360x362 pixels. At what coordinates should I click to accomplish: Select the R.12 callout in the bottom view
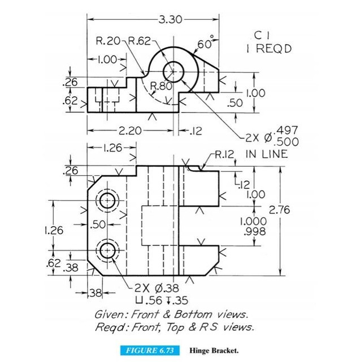[x=224, y=154]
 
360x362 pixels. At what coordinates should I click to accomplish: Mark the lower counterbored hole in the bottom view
[x=107, y=249]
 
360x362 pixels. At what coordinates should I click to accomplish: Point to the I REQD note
[x=269, y=48]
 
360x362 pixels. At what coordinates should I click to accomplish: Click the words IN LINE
[x=267, y=154]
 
